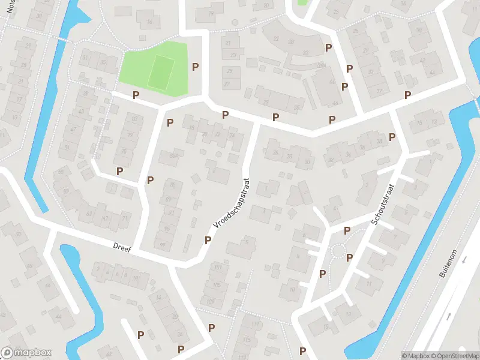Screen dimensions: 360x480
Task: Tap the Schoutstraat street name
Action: (x=382, y=204)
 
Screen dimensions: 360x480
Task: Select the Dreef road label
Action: (x=122, y=246)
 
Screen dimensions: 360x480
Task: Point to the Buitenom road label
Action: (x=461, y=262)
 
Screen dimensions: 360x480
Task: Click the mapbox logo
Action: (x=26, y=353)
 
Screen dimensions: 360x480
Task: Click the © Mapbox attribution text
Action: (x=415, y=356)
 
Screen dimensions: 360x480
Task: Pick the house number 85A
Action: (x=174, y=157)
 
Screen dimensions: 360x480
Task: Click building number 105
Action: (x=217, y=284)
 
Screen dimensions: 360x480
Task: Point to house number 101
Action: (x=217, y=267)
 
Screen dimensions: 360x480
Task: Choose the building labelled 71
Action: (x=125, y=218)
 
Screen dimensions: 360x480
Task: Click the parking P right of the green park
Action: (x=195, y=67)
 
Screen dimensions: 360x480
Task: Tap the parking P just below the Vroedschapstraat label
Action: (x=208, y=240)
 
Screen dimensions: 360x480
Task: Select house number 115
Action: (x=248, y=340)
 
